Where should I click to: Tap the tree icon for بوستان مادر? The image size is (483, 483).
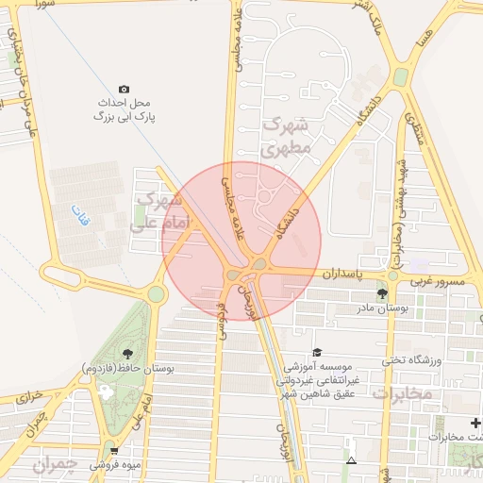coord(381,294)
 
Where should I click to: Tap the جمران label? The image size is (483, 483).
coord(52,465)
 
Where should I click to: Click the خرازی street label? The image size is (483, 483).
coord(31,398)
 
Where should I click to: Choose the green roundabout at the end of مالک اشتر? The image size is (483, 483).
coord(401,76)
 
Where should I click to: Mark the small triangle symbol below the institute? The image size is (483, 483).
coord(351,461)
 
